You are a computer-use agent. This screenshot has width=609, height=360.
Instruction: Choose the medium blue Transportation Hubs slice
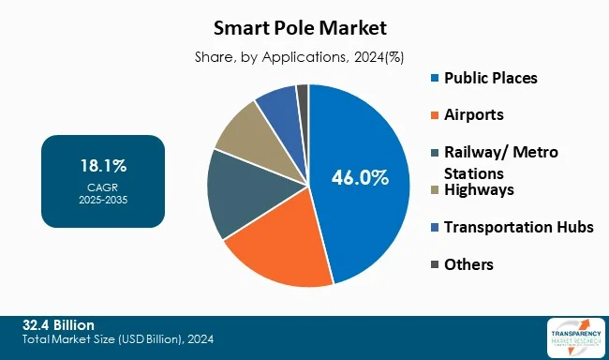(x=279, y=103)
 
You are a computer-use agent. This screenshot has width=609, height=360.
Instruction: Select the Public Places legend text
(x=491, y=78)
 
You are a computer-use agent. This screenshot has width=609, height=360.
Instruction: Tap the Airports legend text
(x=473, y=114)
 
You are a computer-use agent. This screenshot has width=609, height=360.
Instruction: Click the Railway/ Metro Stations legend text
(x=492, y=160)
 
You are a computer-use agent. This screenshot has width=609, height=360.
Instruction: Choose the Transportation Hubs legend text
(x=518, y=227)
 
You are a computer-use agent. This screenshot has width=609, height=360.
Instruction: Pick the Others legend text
(x=468, y=264)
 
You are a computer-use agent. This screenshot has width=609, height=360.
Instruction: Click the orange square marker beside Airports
(x=433, y=115)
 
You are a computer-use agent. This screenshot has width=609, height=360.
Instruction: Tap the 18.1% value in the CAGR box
(x=103, y=166)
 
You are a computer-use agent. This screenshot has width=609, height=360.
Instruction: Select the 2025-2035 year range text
(x=103, y=199)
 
